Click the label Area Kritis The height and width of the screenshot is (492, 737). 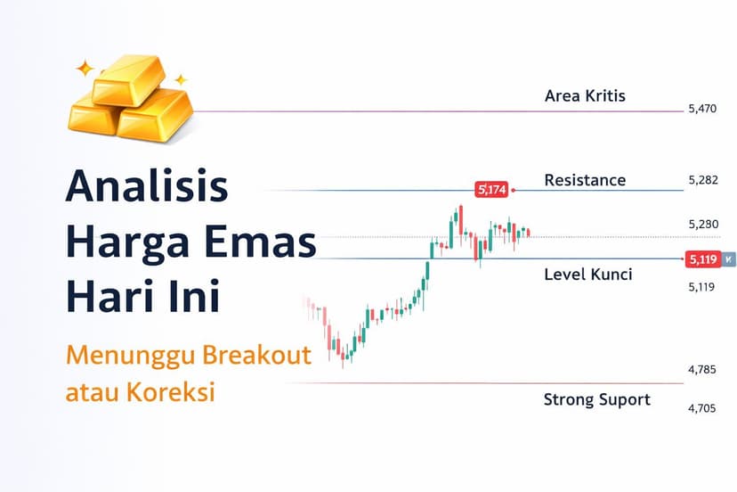(x=585, y=95)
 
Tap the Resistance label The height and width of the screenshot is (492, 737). (x=585, y=180)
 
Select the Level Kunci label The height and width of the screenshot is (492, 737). (x=587, y=275)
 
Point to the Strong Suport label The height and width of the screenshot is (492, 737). (x=596, y=399)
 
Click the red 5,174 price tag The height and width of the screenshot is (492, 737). (x=491, y=189)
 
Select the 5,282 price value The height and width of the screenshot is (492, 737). (x=702, y=180)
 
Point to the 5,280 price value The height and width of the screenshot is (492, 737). (x=702, y=224)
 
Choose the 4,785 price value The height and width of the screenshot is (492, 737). (x=702, y=369)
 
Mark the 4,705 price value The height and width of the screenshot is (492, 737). (x=702, y=408)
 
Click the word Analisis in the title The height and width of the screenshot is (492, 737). (x=147, y=189)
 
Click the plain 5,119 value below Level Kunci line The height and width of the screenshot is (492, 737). (x=702, y=287)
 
